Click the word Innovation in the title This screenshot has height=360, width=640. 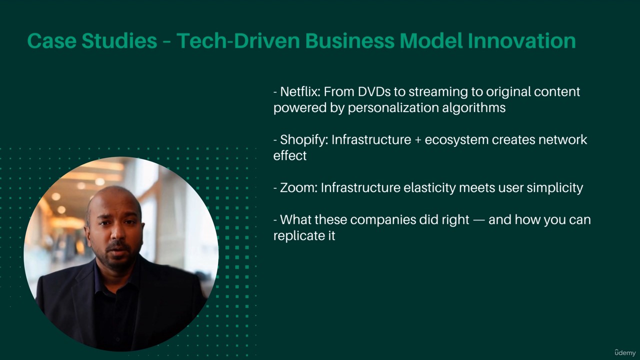click(x=521, y=40)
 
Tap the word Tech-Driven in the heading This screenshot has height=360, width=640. click(x=238, y=40)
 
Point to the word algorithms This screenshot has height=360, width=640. click(x=473, y=108)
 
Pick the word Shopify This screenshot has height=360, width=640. click(x=304, y=140)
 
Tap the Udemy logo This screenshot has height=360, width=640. click(x=625, y=353)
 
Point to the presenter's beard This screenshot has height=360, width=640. click(x=120, y=255)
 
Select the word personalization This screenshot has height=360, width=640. click(x=393, y=108)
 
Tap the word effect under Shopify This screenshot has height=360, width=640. click(x=289, y=156)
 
